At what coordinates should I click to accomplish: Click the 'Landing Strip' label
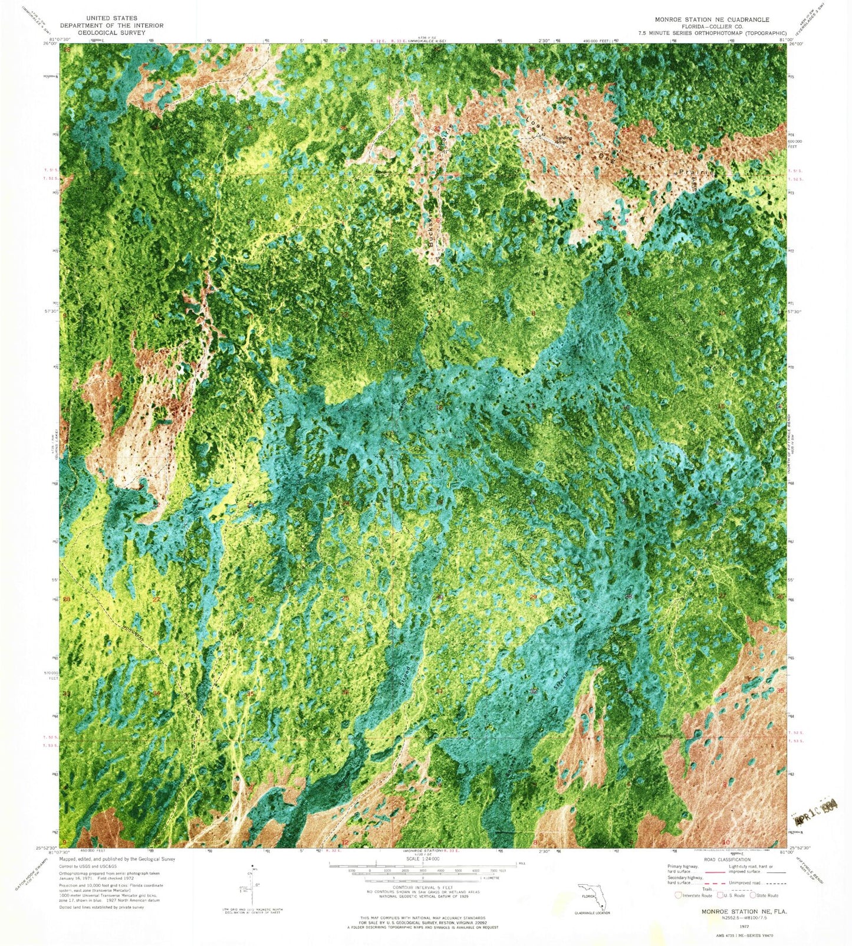[x=564, y=140]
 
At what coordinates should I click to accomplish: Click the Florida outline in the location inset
[x=592, y=896]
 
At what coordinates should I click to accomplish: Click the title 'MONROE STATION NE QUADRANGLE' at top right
[x=712, y=19]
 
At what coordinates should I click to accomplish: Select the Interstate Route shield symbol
[x=679, y=895]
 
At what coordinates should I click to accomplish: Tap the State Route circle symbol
[x=754, y=895]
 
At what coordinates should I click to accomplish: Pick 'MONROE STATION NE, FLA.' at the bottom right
[x=744, y=911]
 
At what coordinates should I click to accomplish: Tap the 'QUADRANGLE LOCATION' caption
[x=592, y=913]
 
